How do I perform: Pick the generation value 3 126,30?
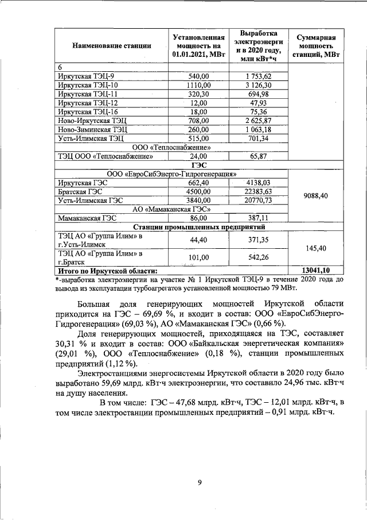coord(257,85)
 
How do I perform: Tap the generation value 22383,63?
coord(257,191)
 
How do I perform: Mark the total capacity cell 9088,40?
coord(315,196)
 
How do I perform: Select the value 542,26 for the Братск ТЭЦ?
coord(257,257)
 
